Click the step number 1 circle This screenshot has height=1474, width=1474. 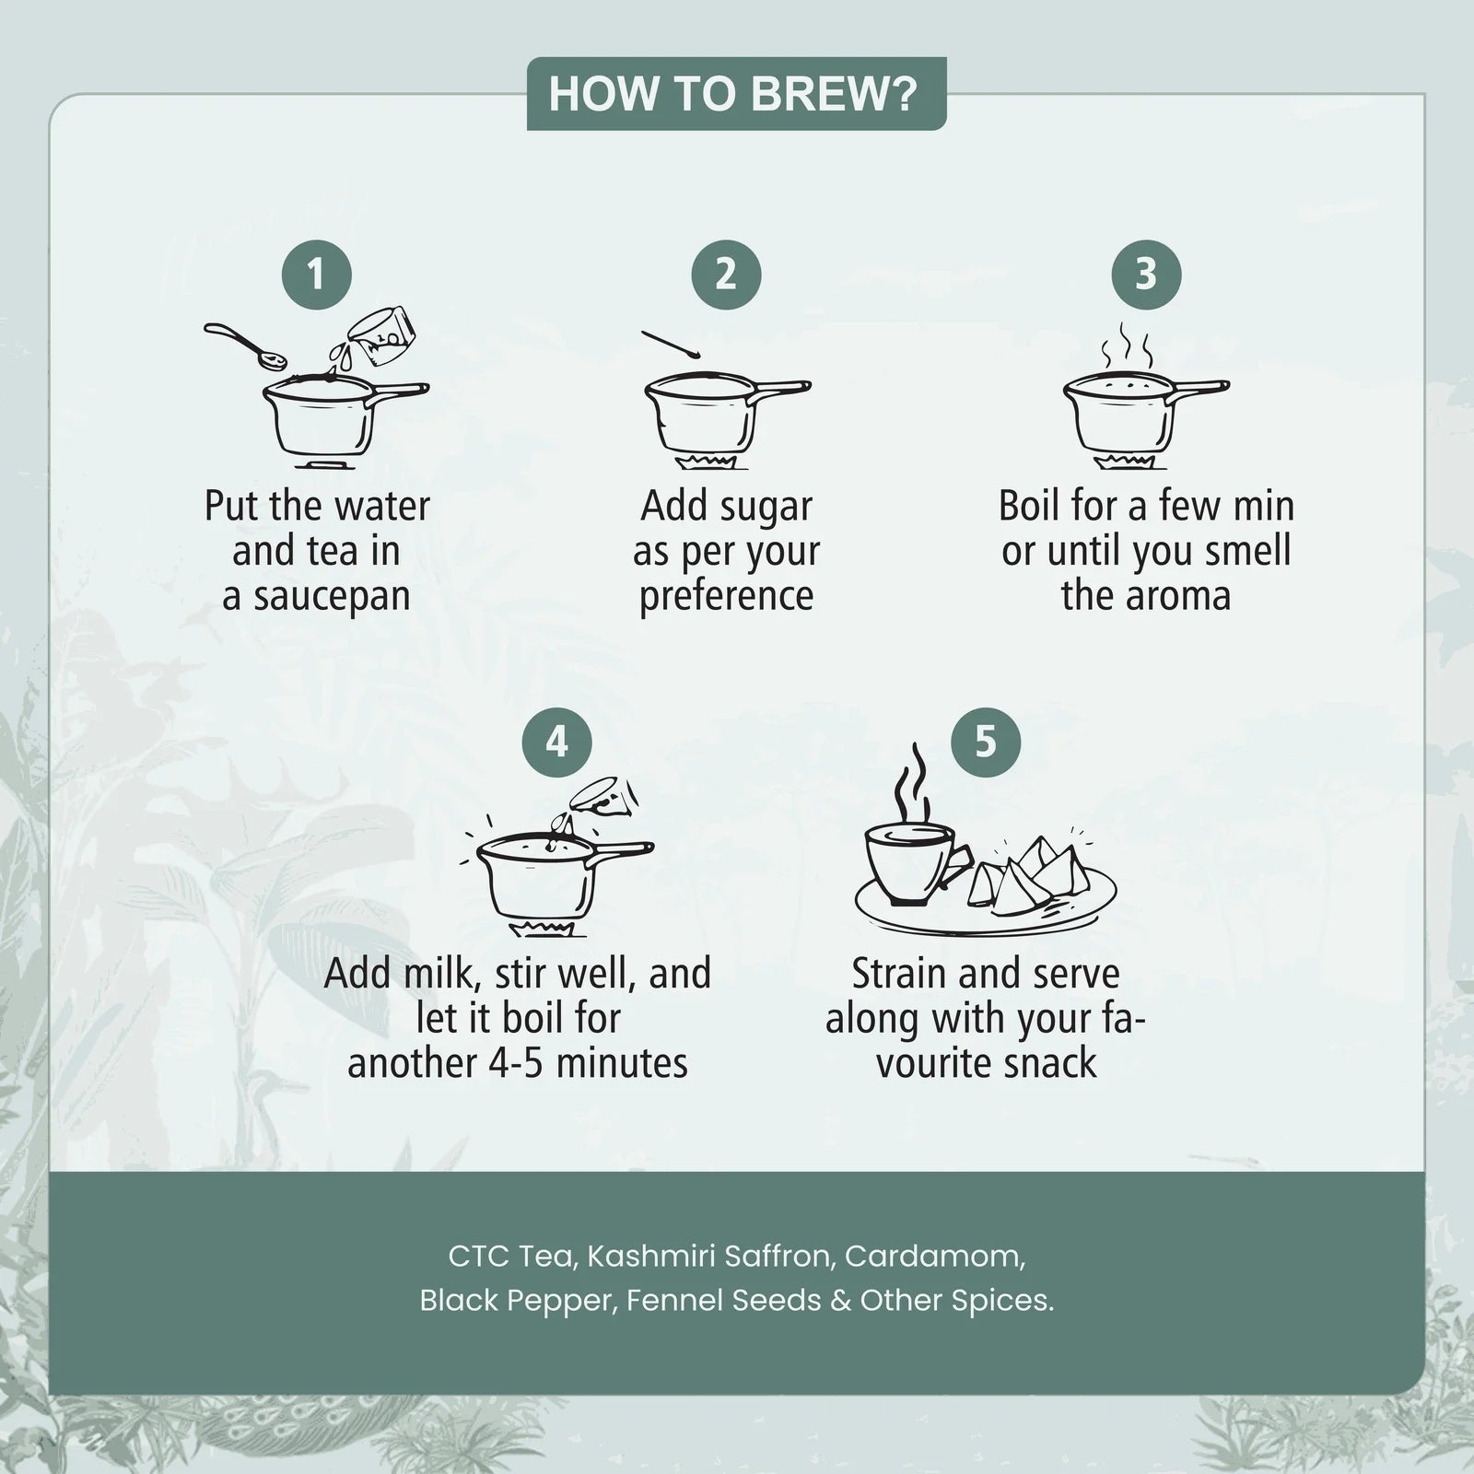click(x=317, y=275)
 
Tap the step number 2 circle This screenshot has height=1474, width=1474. click(x=726, y=275)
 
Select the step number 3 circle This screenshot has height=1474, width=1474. click(x=1146, y=275)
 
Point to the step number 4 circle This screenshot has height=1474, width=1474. click(x=556, y=743)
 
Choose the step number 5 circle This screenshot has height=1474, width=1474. click(x=986, y=743)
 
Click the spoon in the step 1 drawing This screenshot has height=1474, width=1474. click(x=245, y=343)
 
